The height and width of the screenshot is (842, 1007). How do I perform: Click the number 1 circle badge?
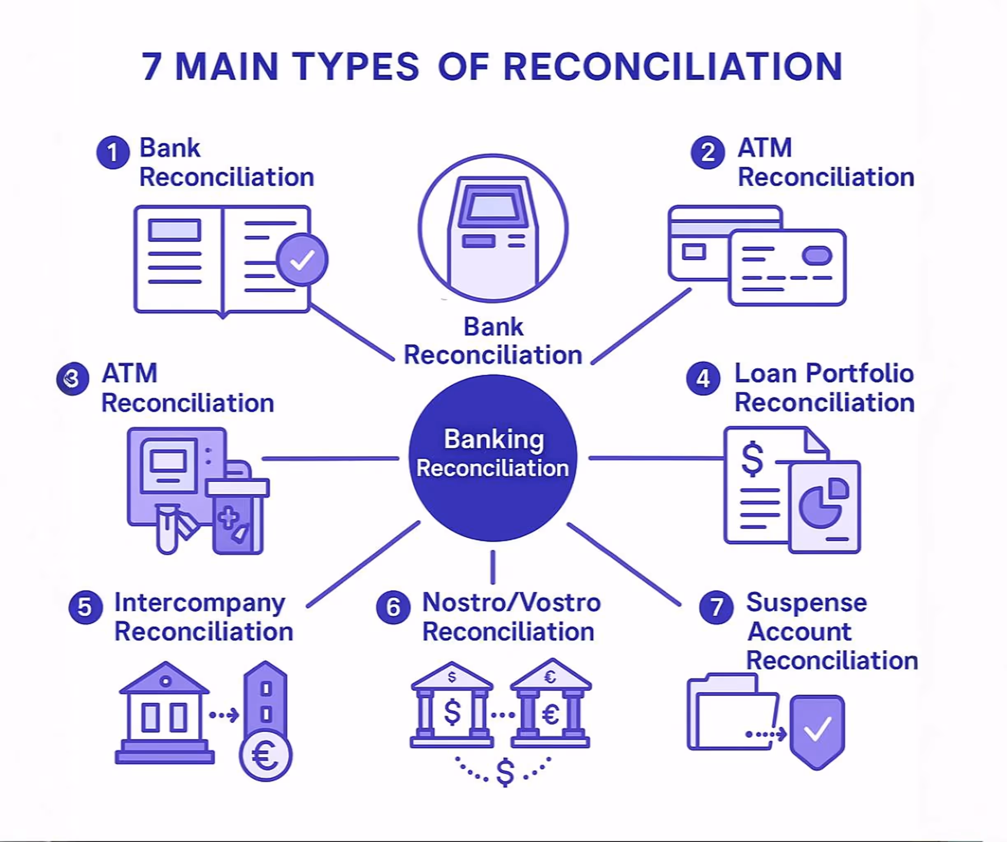(x=113, y=153)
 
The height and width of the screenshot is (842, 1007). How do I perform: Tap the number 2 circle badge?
(x=707, y=153)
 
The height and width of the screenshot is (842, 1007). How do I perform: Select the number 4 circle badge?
(x=703, y=379)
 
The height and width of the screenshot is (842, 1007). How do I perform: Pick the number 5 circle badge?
(x=85, y=607)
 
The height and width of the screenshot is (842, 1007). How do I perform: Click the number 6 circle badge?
(x=393, y=607)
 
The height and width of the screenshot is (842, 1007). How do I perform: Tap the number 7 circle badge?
(x=717, y=607)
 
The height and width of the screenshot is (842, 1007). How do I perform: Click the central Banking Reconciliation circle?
(x=493, y=458)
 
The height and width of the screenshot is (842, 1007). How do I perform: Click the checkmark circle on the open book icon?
(x=302, y=260)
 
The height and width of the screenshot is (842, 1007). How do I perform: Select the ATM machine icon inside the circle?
(x=493, y=230)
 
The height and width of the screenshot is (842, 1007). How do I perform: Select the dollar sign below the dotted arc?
(x=505, y=772)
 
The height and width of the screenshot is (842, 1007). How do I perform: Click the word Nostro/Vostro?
(x=511, y=602)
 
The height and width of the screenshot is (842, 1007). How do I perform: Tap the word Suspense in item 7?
(x=807, y=602)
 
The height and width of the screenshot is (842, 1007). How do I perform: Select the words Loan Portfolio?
(x=824, y=373)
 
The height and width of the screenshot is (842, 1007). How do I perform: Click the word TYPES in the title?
(x=356, y=67)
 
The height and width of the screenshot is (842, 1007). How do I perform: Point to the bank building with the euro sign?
(x=550, y=704)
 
